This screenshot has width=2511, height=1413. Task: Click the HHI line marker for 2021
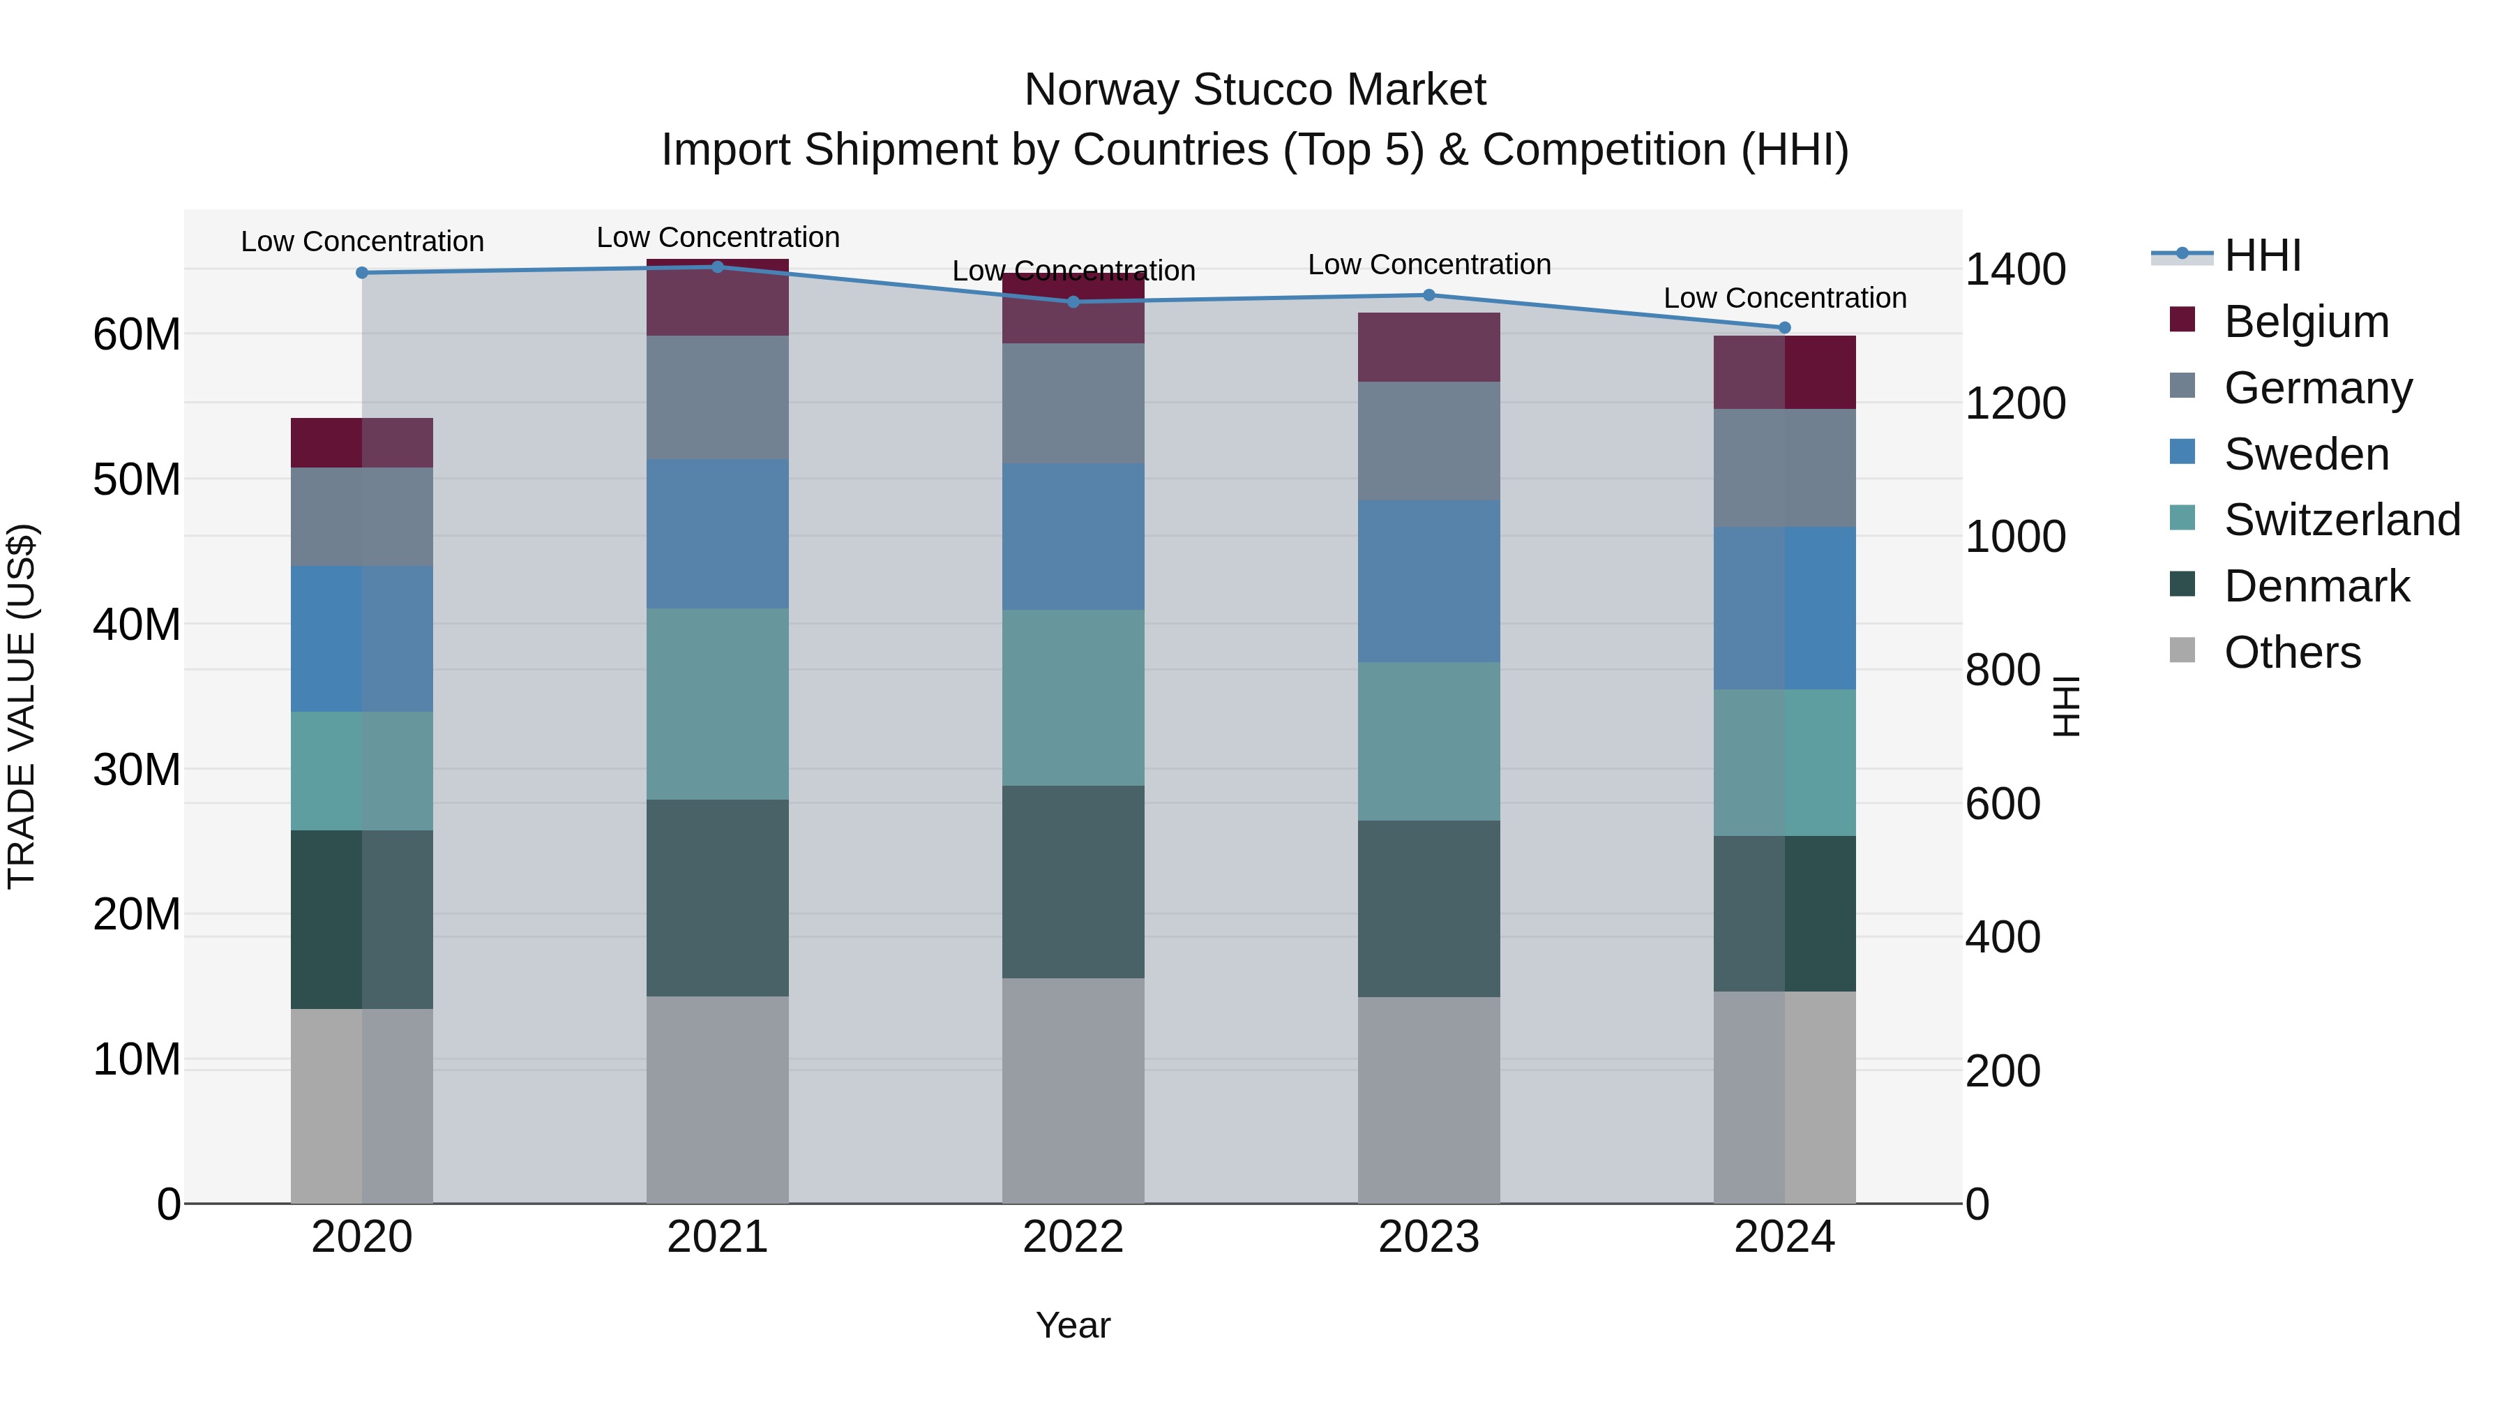[718, 267]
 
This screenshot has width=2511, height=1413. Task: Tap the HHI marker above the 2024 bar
[1785, 328]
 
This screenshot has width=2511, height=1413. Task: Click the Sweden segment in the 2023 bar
[1429, 581]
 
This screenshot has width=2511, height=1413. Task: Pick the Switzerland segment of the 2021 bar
[718, 704]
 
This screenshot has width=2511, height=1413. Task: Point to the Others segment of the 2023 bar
[1429, 1100]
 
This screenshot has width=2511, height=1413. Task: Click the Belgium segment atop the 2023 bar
[1429, 347]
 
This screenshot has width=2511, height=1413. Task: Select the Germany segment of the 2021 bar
[718, 398]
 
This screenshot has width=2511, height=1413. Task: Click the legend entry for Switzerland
[2342, 520]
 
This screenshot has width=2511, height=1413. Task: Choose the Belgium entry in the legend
[2307, 322]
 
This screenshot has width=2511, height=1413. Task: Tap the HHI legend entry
[2261, 255]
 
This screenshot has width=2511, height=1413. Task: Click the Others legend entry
[2292, 652]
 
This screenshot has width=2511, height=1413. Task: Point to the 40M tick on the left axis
[137, 624]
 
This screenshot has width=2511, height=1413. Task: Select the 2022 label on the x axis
[1073, 1237]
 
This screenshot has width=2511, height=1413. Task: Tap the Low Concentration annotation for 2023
[1429, 264]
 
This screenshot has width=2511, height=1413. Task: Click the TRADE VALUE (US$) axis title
[22, 706]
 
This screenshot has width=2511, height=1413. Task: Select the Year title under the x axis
[1073, 1325]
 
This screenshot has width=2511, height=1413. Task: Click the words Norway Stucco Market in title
[1255, 90]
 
